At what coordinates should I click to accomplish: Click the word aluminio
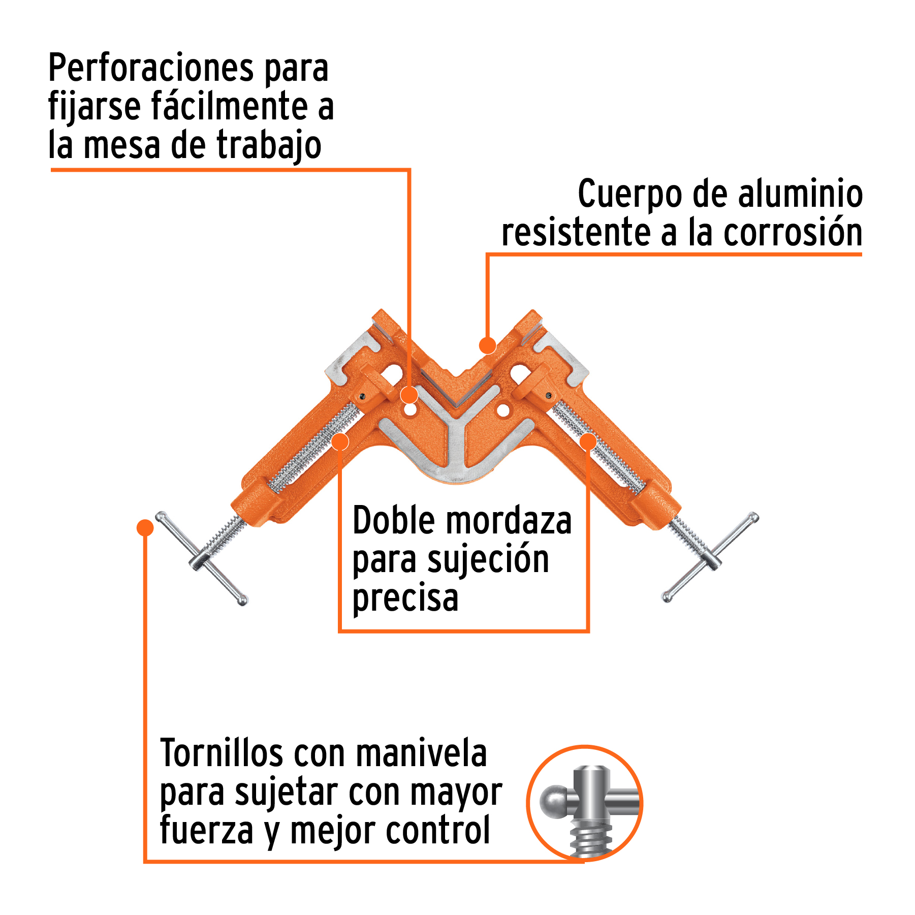point(800,194)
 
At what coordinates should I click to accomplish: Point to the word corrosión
point(793,233)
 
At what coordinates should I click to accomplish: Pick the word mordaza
point(510,521)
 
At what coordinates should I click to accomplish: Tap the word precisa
point(405,598)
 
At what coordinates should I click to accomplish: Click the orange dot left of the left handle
point(145,527)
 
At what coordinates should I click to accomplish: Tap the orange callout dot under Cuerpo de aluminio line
point(488,345)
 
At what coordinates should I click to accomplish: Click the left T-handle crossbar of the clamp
point(202,558)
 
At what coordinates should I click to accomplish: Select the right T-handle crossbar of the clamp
point(710,557)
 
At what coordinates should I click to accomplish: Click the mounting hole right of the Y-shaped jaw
point(503,410)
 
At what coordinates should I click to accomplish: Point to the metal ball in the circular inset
point(554,801)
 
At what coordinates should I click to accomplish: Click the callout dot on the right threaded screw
point(588,441)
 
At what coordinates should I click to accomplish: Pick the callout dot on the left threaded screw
point(340,441)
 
